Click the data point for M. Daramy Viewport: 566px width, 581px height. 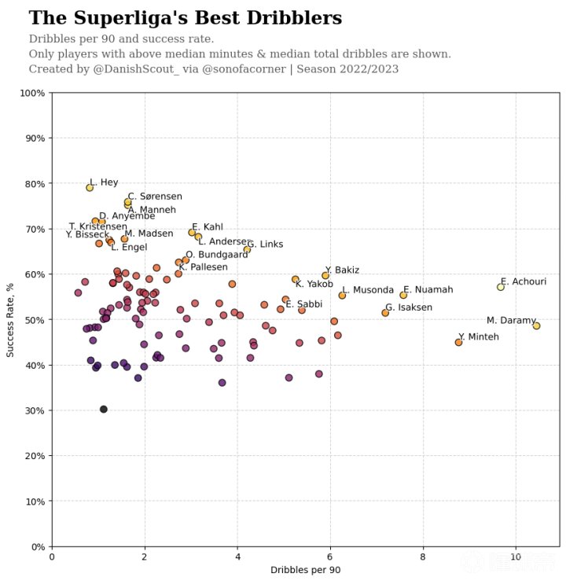point(536,325)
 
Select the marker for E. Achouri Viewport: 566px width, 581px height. point(501,287)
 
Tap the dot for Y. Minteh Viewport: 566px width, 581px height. point(458,342)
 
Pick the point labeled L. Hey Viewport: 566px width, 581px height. point(90,188)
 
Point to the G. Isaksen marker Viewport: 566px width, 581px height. point(385,313)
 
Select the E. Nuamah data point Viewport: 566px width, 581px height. point(403,295)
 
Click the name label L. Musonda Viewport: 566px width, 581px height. point(368,290)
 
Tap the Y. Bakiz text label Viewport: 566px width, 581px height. point(342,270)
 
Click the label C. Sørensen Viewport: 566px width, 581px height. point(155,197)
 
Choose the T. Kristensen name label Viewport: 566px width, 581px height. point(98,226)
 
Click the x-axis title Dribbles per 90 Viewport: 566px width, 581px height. point(305,569)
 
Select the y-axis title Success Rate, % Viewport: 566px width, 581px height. point(10,319)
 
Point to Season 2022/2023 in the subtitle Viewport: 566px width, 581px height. point(359,69)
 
